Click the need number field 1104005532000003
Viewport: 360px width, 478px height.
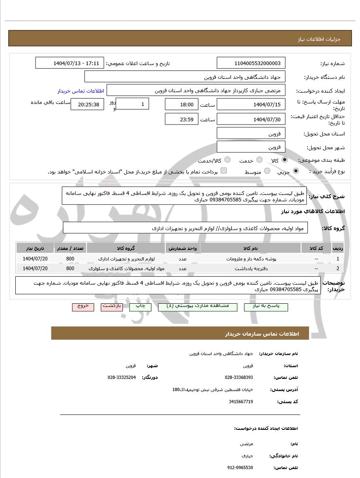point(251,63)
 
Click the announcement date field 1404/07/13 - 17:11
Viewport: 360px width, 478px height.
point(70,63)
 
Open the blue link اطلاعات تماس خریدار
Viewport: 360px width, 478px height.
point(80,91)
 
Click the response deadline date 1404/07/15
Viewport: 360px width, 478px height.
point(251,105)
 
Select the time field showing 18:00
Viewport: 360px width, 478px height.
point(182,105)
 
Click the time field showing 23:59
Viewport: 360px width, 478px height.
point(182,119)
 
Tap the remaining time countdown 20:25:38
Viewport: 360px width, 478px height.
point(87,105)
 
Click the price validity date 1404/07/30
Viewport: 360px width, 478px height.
point(251,119)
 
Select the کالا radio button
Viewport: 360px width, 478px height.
point(285,160)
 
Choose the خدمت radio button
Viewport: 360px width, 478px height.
point(259,160)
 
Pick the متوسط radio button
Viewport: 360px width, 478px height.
point(267,171)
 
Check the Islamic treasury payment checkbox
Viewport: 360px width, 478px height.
point(223,171)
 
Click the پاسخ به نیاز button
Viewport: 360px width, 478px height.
point(266,307)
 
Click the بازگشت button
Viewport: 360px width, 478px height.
point(112,307)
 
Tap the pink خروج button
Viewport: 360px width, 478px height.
point(83,307)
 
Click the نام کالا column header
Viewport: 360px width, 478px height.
point(251,248)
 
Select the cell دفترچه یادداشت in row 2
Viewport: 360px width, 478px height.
point(251,268)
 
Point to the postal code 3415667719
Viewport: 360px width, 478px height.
point(241,402)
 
